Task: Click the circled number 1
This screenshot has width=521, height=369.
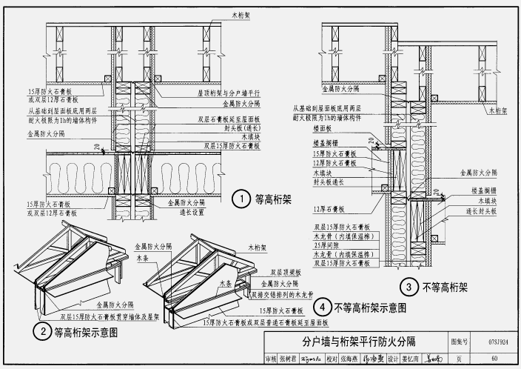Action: pyautogui.click(x=240, y=199)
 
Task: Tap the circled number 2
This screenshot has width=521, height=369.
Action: pyautogui.click(x=44, y=332)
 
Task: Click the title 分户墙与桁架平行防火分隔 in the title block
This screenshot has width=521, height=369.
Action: pyautogui.click(x=357, y=342)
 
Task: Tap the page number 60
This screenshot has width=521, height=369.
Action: pyautogui.click(x=493, y=359)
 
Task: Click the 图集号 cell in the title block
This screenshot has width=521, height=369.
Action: pyautogui.click(x=460, y=342)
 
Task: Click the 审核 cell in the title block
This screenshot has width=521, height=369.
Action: pyautogui.click(x=271, y=359)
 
